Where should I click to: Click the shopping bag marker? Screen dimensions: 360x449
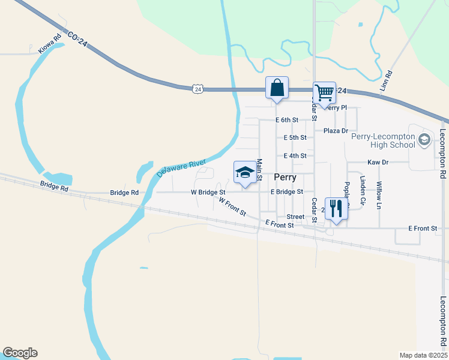pyautogui.click(x=277, y=88)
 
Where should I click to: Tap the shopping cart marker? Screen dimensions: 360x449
pyautogui.click(x=324, y=94)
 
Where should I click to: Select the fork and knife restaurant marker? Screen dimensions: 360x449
pyautogui.click(x=336, y=208)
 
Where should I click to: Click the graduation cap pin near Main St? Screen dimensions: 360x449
pyautogui.click(x=244, y=172)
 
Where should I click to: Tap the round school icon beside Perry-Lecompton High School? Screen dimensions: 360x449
pyautogui.click(x=424, y=140)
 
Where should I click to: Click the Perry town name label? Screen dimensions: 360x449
pyautogui.click(x=285, y=178)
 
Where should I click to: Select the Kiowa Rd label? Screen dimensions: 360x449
pyautogui.click(x=50, y=44)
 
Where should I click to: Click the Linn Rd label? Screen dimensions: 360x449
pyautogui.click(x=388, y=82)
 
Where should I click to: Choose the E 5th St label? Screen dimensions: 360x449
pyautogui.click(x=295, y=137)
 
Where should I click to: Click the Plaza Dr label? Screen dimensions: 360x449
pyautogui.click(x=336, y=131)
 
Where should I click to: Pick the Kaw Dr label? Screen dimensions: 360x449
pyautogui.click(x=378, y=163)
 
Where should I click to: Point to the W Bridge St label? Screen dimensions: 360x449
pyautogui.click(x=208, y=193)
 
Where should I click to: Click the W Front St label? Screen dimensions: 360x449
pyautogui.click(x=232, y=207)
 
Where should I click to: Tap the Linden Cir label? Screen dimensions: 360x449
pyautogui.click(x=362, y=188)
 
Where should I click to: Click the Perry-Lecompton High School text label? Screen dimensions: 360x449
pyautogui.click(x=383, y=140)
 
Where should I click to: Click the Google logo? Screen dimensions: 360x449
pyautogui.click(x=20, y=353)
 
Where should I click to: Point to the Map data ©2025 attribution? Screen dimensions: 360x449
pyautogui.click(x=423, y=355)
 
